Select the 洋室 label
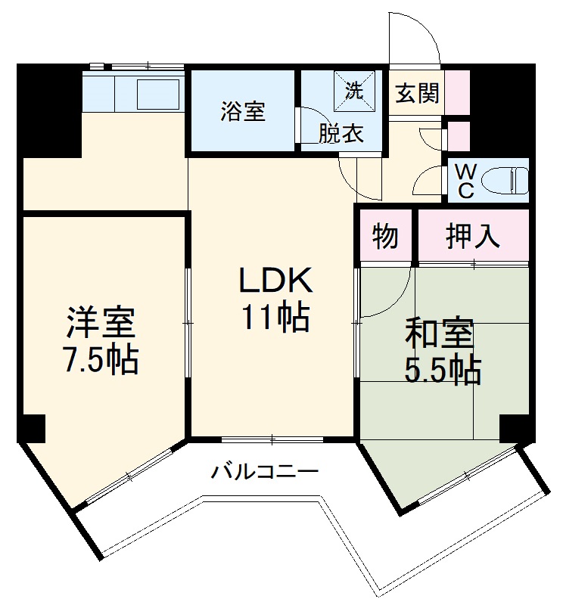pyautogui.click(x=101, y=324)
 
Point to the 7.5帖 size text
pyautogui.click(x=101, y=361)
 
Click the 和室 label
pyautogui.click(x=439, y=333)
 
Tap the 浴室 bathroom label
pyautogui.click(x=243, y=111)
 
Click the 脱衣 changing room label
pyautogui.click(x=341, y=134)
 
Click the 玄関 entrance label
pyautogui.click(x=417, y=94)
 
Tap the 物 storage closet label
pyautogui.click(x=385, y=237)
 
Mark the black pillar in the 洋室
pyautogui.click(x=32, y=430)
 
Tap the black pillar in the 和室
pyautogui.click(x=515, y=429)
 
